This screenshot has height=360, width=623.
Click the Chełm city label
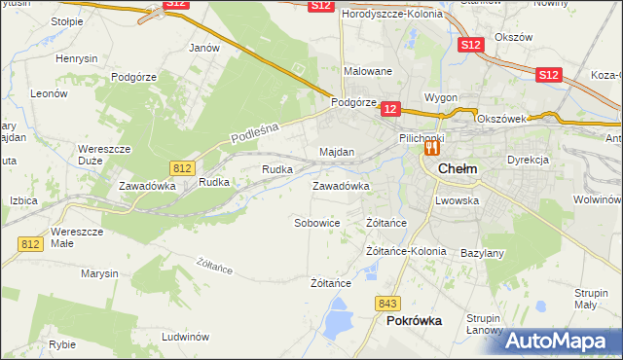pyautogui.click(x=458, y=168)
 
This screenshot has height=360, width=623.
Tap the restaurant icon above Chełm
pyautogui.click(x=429, y=150)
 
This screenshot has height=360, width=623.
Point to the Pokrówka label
pyautogui.click(x=414, y=319)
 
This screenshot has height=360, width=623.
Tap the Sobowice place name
pyautogui.click(x=316, y=223)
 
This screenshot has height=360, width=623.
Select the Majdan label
pyautogui.click(x=337, y=153)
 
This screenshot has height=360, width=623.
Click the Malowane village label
pyautogui.click(x=367, y=71)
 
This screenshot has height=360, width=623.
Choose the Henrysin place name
pyautogui.click(x=77, y=58)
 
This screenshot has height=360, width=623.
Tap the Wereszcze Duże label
pyautogui.click(x=97, y=155)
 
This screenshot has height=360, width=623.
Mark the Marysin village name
pyautogui.click(x=99, y=273)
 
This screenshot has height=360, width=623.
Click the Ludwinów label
pyautogui.click(x=186, y=337)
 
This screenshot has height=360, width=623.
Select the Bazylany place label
pyautogui.click(x=482, y=253)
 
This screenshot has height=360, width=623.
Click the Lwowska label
pyautogui.click(x=458, y=200)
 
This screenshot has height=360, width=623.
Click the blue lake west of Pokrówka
pyautogui.click(x=339, y=314)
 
